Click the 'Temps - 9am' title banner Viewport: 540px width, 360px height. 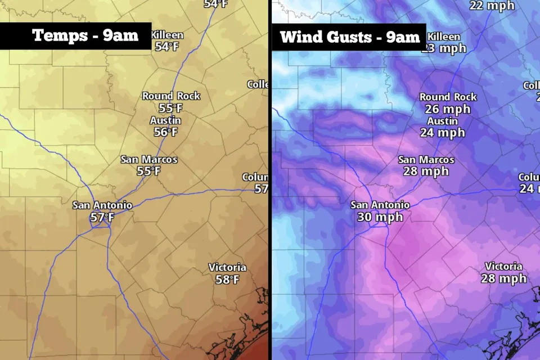[x=85, y=35]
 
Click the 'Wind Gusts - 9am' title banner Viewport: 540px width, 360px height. [x=350, y=37]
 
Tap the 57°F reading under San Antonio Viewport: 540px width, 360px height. [x=102, y=217]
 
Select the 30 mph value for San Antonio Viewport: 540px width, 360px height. [x=380, y=217]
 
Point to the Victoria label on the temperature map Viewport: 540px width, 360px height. [x=227, y=267]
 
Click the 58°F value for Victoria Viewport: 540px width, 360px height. [x=227, y=279]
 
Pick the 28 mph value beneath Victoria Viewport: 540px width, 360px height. [x=503, y=278]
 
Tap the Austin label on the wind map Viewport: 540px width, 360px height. [x=442, y=121]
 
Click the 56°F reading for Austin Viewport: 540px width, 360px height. [x=165, y=132]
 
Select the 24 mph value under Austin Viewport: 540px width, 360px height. [x=442, y=133]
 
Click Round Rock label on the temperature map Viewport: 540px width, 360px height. [x=171, y=96]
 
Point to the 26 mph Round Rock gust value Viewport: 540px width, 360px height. [x=448, y=109]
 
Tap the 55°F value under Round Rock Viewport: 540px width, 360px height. [x=171, y=108]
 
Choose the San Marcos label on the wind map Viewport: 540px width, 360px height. [x=426, y=160]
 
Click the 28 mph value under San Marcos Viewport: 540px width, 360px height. [x=426, y=172]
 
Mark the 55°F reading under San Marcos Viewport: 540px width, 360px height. [x=148, y=171]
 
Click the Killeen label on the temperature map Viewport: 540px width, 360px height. [x=167, y=35]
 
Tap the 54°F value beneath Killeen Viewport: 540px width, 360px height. [x=167, y=47]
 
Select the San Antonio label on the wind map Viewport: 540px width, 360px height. [x=380, y=205]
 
